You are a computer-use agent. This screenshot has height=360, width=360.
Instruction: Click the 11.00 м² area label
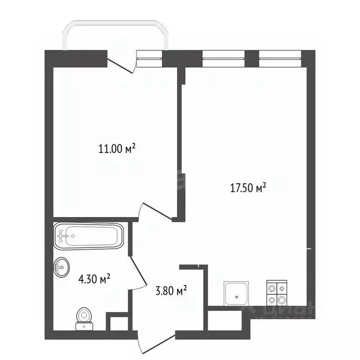pos(117,149)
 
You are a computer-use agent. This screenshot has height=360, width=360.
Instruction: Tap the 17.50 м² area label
pos(247,188)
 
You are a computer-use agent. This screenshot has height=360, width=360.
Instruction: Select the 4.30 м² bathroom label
pos(94,280)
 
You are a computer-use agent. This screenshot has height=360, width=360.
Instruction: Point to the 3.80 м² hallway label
pos(171,292)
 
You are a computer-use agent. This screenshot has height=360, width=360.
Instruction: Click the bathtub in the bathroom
pos(89,236)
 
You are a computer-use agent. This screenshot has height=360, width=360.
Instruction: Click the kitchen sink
pos(237,293)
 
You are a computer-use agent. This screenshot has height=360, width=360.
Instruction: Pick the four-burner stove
pos(277,292)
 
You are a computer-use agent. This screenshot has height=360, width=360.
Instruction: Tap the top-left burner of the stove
pos(271,288)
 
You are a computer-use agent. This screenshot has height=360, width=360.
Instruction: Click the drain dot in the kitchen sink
pos(237,296)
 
